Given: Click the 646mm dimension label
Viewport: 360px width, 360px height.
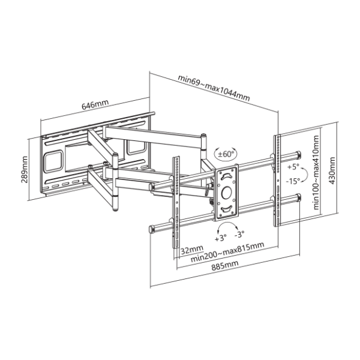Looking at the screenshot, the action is [x=95, y=104].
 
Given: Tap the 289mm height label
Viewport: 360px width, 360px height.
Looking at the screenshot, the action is [x=24, y=169].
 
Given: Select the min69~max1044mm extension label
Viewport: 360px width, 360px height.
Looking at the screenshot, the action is [x=214, y=88].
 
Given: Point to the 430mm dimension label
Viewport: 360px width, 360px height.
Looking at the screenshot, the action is [x=332, y=170].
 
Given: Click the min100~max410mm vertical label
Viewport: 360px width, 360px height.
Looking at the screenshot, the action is [x=316, y=172].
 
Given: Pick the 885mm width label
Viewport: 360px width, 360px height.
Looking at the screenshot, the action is [x=225, y=265].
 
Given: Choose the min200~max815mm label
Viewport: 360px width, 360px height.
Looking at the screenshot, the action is [x=227, y=252].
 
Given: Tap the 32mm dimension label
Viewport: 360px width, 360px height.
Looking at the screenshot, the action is [x=192, y=249].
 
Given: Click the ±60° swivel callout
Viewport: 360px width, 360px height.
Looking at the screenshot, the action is [x=225, y=154].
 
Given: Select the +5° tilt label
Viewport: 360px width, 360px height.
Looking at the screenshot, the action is [x=293, y=167].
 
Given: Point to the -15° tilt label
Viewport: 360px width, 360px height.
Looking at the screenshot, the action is [x=293, y=181].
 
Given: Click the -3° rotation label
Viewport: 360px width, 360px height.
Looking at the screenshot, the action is [x=239, y=235].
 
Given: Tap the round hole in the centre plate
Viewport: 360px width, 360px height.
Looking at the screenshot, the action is [x=226, y=193].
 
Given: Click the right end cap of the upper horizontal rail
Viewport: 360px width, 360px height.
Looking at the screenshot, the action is [x=298, y=154].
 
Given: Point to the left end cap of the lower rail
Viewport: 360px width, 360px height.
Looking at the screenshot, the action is [x=152, y=230].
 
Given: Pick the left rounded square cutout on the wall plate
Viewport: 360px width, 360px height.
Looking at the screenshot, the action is [x=53, y=161].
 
